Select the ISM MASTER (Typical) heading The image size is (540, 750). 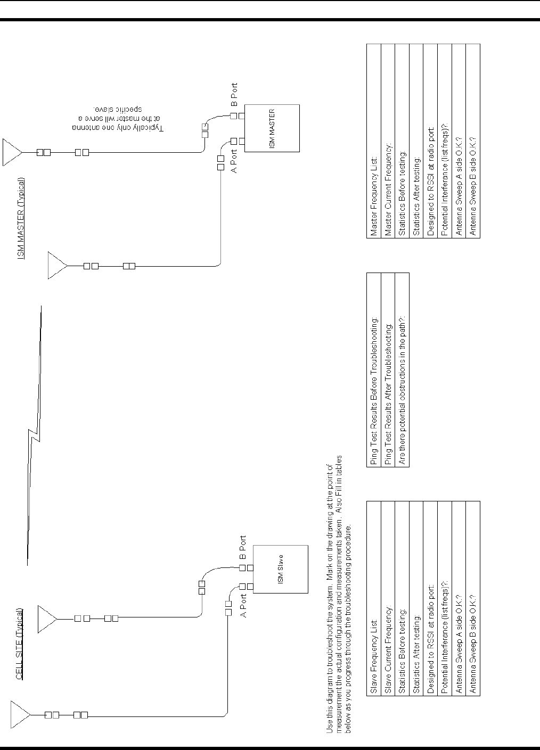coord(21,218)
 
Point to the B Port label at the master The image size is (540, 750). coord(235,95)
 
